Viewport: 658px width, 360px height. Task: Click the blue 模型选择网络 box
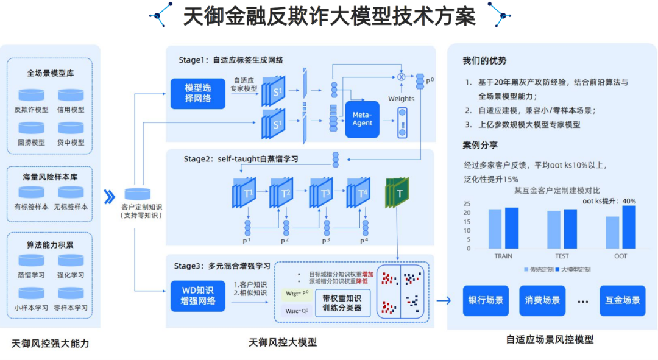coord(198,93)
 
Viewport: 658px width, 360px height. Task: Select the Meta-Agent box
coord(362,119)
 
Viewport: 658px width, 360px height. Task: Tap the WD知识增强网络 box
coord(198,296)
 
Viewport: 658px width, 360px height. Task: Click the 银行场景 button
coord(486,300)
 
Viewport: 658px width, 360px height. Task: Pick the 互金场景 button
coord(622,300)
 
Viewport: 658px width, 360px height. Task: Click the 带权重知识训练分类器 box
coord(342,303)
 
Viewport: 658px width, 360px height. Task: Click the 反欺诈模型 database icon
coord(30,95)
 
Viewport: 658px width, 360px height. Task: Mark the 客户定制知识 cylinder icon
coord(138,194)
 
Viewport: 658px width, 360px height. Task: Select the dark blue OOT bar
coord(629,227)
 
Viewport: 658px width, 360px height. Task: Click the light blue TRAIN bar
coord(495,228)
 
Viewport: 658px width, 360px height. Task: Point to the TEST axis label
coord(562,256)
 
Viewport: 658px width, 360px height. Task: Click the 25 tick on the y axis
coord(467,203)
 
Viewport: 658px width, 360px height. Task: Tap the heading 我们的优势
coord(484,61)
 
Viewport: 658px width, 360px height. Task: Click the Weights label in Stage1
coord(401,99)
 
